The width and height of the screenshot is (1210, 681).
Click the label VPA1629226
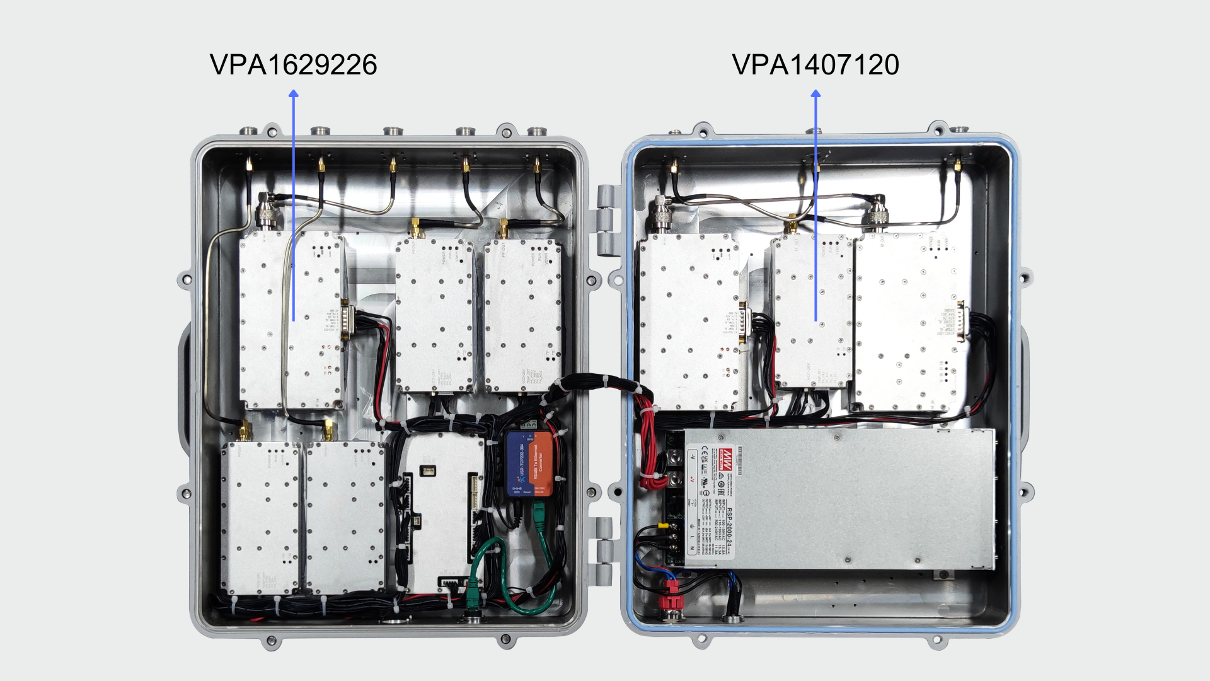pos(293,64)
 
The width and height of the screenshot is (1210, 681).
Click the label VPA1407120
pos(815,64)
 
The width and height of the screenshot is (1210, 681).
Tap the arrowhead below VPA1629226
pos(293,94)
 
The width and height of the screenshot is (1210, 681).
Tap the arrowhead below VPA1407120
pos(815,94)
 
